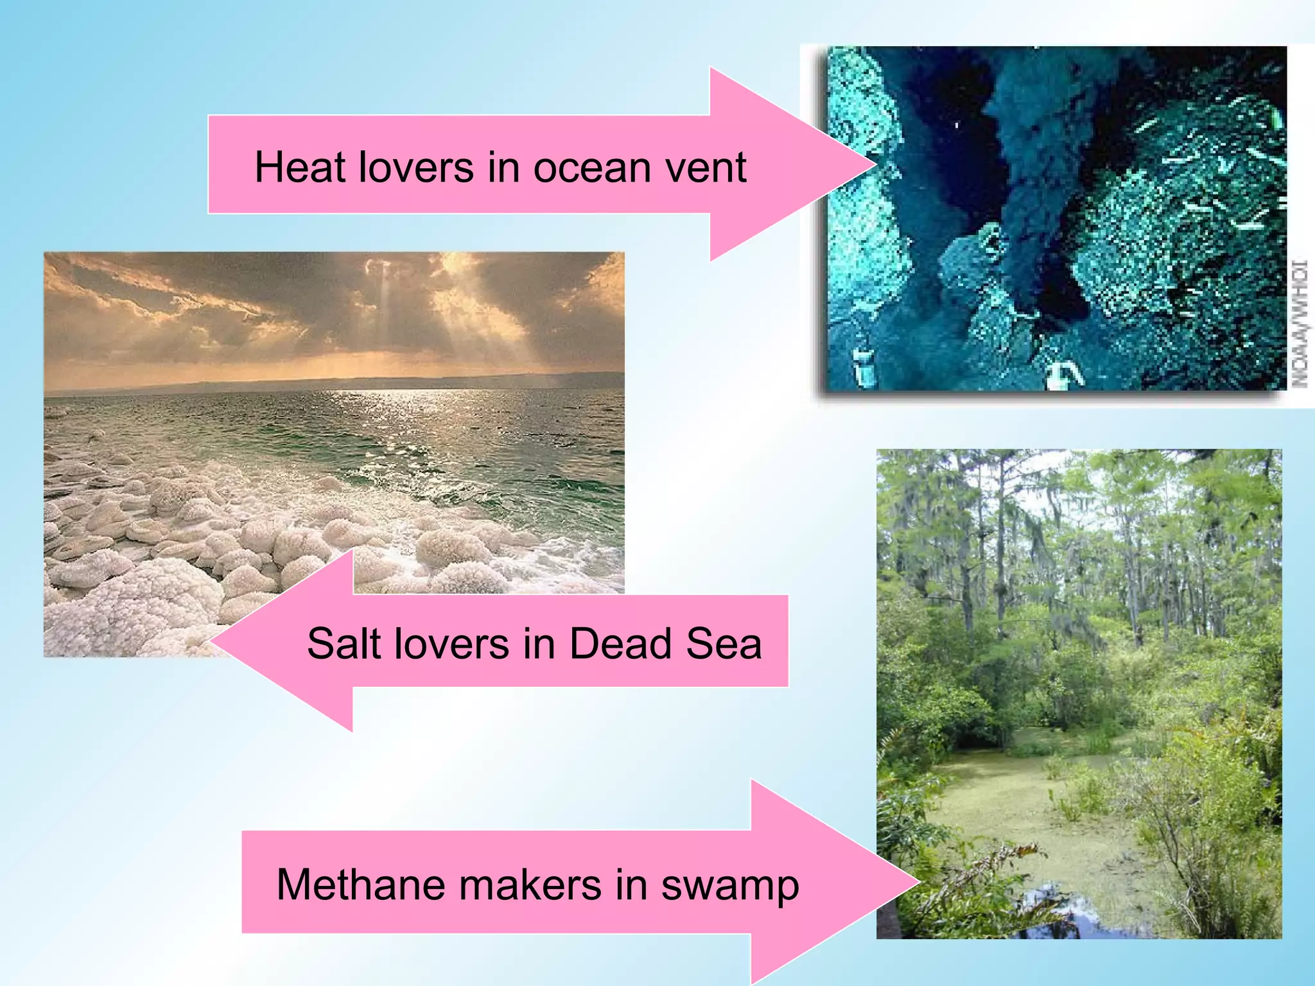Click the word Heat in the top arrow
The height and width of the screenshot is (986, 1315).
[300, 168]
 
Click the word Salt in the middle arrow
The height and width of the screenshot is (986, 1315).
[345, 644]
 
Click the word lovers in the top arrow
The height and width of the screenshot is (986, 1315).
[416, 168]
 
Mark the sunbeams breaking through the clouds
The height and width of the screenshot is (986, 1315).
[411, 308]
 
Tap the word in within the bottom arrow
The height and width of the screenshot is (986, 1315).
[631, 885]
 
